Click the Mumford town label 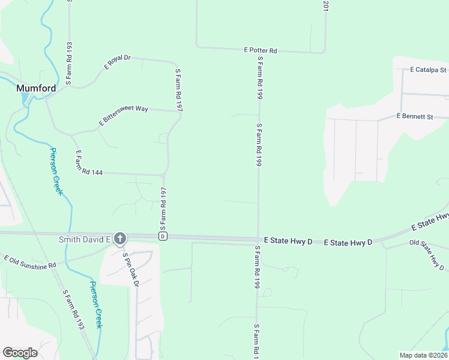click(x=36, y=88)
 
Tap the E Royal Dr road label click(x=117, y=62)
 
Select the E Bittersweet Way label click(x=123, y=116)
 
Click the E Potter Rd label click(x=260, y=51)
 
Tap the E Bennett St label click(x=415, y=116)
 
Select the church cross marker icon click(x=120, y=239)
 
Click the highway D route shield click(x=162, y=236)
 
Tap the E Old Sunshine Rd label click(x=30, y=262)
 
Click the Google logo click(x=20, y=353)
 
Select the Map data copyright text click(x=423, y=355)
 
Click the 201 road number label click(x=325, y=6)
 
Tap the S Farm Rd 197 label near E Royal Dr click(x=178, y=89)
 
